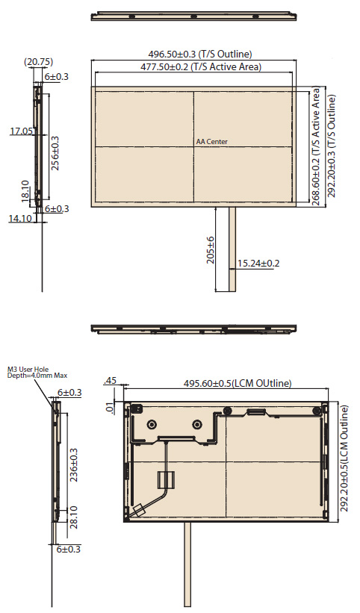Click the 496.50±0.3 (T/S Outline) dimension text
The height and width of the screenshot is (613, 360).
(199, 54)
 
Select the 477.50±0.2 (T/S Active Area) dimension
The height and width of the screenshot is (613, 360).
(200, 67)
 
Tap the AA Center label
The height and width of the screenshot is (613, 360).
(211, 142)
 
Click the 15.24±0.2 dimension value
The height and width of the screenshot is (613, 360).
(258, 263)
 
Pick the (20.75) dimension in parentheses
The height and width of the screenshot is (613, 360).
(38, 61)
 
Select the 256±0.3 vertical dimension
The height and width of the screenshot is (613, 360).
(55, 153)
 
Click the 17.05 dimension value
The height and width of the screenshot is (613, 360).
(21, 131)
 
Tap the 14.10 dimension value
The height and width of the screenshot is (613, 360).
(20, 218)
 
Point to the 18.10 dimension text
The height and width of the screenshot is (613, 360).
(25, 191)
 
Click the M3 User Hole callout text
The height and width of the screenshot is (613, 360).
(28, 369)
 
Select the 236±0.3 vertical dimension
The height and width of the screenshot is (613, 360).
(73, 464)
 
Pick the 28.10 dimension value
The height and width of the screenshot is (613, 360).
(73, 517)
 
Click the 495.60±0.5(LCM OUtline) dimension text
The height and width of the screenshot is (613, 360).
(238, 383)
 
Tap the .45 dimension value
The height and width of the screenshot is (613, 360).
(111, 380)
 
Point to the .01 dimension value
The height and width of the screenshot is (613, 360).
(111, 408)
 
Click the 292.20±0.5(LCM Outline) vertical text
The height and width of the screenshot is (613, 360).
(344, 458)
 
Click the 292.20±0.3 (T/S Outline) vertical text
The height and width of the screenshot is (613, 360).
(332, 146)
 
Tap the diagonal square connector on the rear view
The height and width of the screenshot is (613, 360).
(138, 510)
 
